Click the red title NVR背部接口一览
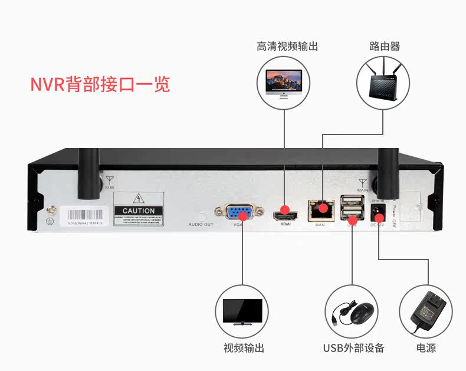pos(100,84)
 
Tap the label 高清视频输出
pos(287,46)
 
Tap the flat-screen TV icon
pos(242,310)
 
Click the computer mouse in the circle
pos(352,311)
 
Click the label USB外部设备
pos(353,347)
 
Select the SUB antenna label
pos(109,187)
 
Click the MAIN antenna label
pos(362,189)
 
